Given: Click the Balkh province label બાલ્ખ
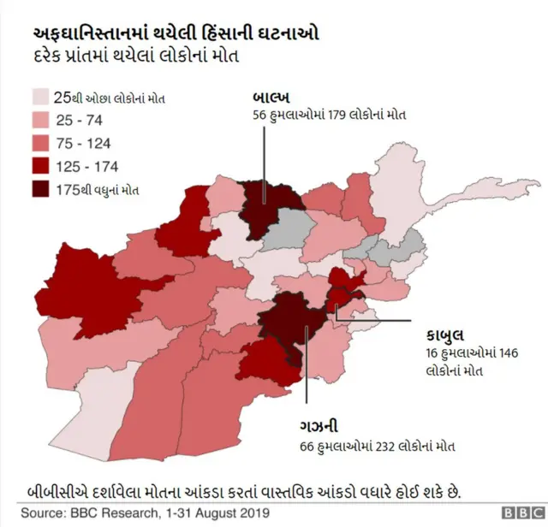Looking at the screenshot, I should (271, 96).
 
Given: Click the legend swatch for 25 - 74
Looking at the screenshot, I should (40, 121).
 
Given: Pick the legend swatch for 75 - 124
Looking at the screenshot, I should (40, 144).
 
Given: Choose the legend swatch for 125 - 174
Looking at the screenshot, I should (40, 167).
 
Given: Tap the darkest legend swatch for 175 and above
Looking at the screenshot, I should (40, 190).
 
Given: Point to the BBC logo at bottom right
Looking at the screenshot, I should (517, 512).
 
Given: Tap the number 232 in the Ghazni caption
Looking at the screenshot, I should (379, 446).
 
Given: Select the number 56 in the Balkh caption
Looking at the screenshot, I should (259, 115).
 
